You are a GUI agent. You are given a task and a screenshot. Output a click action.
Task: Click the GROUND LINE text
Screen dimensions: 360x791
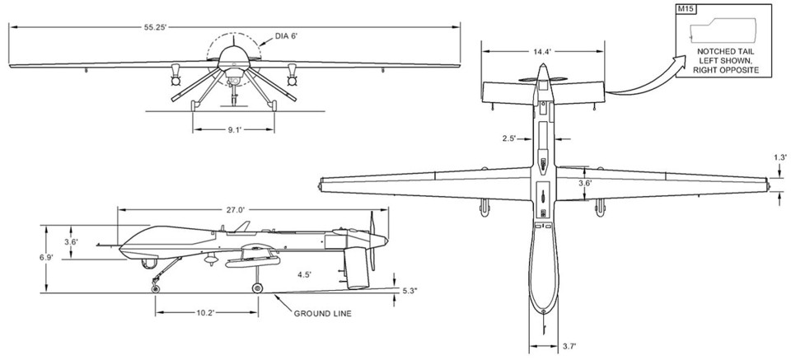tap(323, 314)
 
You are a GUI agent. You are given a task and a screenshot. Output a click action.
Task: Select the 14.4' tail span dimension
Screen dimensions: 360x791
tap(541, 51)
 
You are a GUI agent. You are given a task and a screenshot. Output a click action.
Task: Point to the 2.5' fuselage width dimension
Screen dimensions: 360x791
tap(509, 138)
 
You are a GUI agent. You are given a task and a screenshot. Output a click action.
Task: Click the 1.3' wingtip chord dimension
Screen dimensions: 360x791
tap(780, 157)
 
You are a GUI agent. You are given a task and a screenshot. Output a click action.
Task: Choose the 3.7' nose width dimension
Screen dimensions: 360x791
tap(568, 346)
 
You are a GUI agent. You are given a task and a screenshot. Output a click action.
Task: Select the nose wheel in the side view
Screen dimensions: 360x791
tap(156, 286)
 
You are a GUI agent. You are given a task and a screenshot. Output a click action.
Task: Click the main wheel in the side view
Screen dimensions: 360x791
tap(257, 288)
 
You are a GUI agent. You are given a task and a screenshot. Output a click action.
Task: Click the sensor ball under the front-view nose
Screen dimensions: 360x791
tap(235, 79)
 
